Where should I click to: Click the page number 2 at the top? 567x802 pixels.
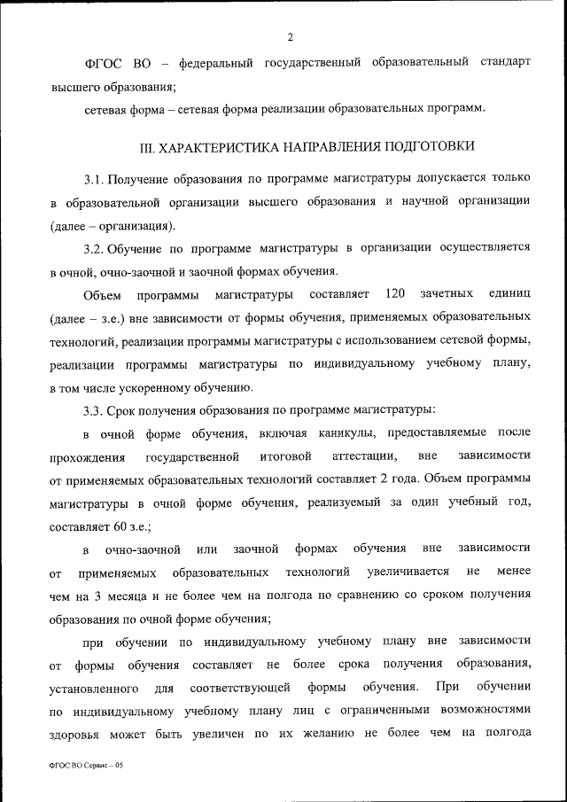[x=289, y=35]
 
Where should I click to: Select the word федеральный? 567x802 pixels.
[x=211, y=64]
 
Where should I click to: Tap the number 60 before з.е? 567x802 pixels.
[x=110, y=526]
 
